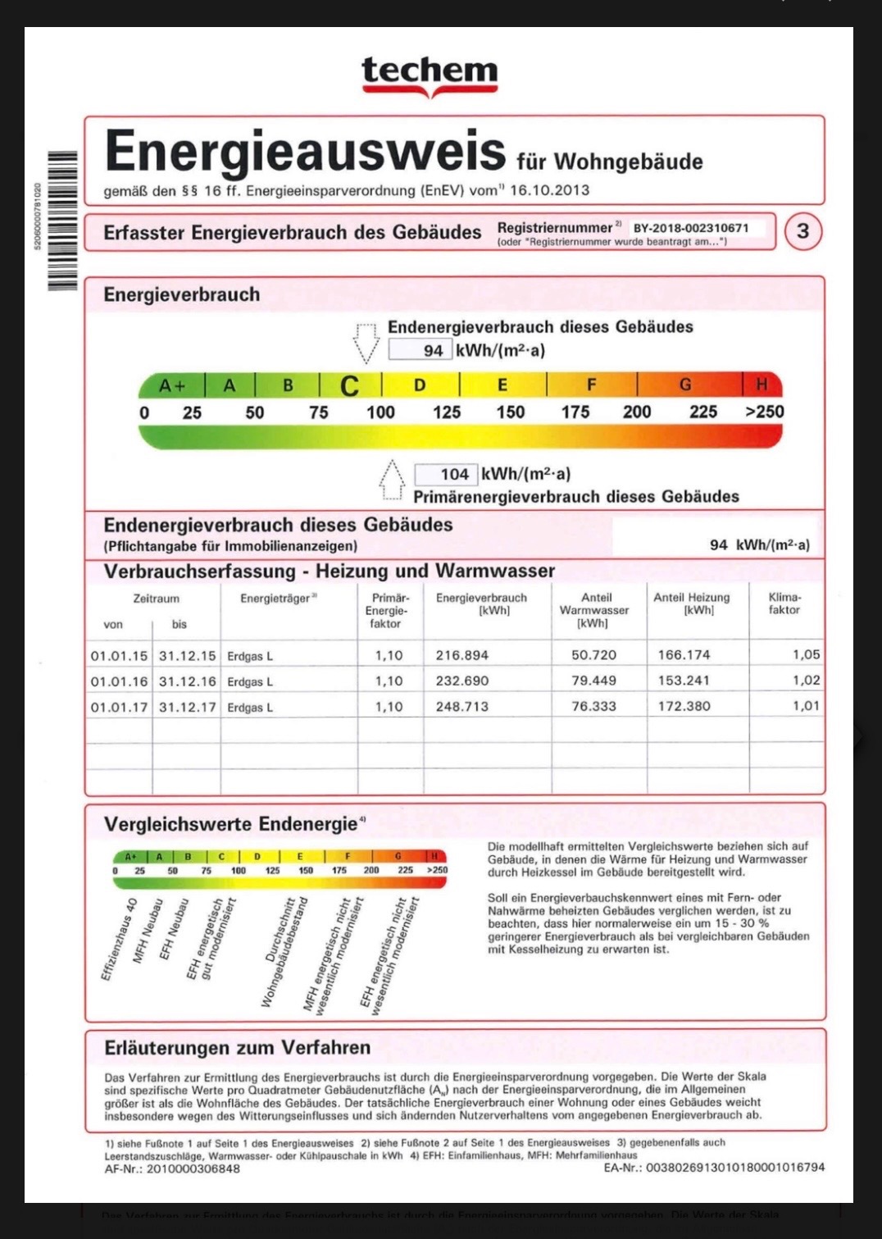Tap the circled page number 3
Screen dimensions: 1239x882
[x=802, y=231]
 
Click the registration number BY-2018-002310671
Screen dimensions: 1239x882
[x=691, y=228]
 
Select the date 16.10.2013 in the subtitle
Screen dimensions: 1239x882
[x=549, y=190]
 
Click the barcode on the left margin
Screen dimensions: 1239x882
[x=62, y=220]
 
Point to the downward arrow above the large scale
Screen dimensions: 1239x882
[x=366, y=342]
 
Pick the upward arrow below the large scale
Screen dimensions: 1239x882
[x=392, y=480]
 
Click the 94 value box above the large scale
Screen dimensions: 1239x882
[x=420, y=350]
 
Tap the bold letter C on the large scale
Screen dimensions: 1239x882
[x=349, y=385]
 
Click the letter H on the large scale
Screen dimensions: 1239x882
[x=762, y=384]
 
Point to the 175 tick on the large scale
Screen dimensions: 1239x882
[x=575, y=412]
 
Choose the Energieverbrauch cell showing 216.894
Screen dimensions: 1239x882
[x=462, y=655]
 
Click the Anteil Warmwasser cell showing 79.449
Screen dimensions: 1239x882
[x=593, y=681]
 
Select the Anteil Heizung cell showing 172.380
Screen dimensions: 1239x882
[x=684, y=706]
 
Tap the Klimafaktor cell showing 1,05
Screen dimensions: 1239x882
[x=806, y=654]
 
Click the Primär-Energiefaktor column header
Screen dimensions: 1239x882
[x=387, y=611]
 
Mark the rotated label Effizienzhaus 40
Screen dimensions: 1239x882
[x=119, y=939]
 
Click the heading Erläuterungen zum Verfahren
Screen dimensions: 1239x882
[x=237, y=1047]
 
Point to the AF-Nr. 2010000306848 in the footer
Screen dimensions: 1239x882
[x=172, y=1168]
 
